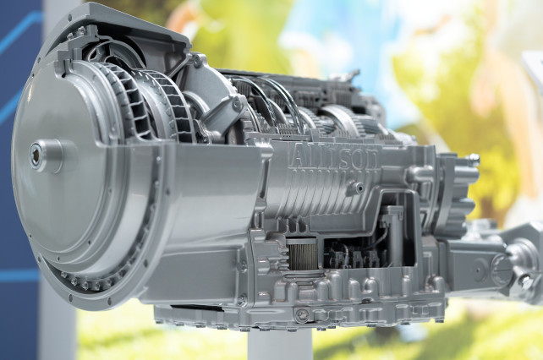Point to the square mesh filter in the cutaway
point(302,253)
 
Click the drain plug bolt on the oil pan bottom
point(303,314)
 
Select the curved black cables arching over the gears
point(271,97)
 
